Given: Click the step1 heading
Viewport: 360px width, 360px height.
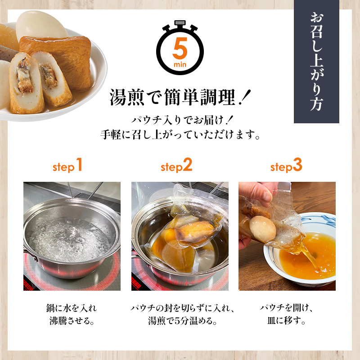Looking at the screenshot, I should coord(68,166).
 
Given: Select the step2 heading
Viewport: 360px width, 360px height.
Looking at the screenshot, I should coord(176,166).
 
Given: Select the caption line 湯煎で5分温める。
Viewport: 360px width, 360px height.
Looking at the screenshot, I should coord(180,322).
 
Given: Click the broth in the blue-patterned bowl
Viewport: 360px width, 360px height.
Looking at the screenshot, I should coord(310,256).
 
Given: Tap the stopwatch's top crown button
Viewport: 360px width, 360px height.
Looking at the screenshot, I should coord(180,24).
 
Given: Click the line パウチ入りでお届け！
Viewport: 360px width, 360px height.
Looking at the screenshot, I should coord(180,119).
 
